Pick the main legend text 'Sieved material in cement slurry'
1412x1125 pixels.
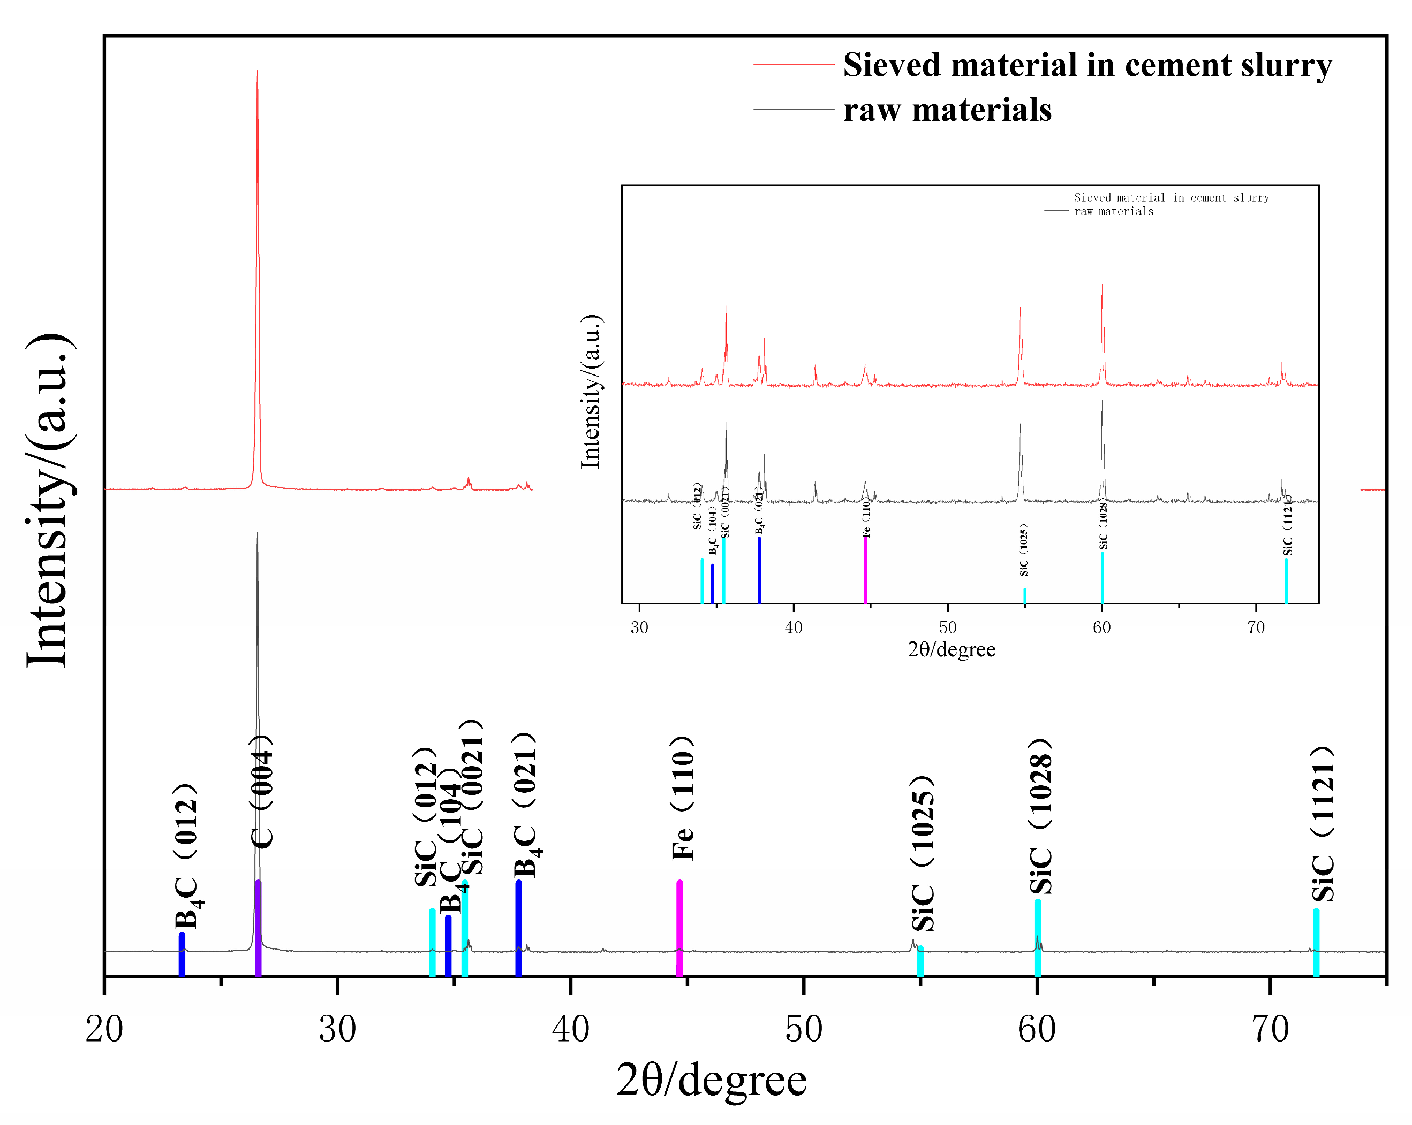pos(1087,65)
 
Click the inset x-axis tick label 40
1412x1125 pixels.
pos(793,627)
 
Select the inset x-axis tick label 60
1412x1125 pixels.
pos(1101,627)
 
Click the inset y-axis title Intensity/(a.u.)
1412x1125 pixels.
pos(591,392)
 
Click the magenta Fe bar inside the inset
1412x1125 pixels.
pos(866,569)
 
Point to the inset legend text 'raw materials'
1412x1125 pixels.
pos(1113,211)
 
